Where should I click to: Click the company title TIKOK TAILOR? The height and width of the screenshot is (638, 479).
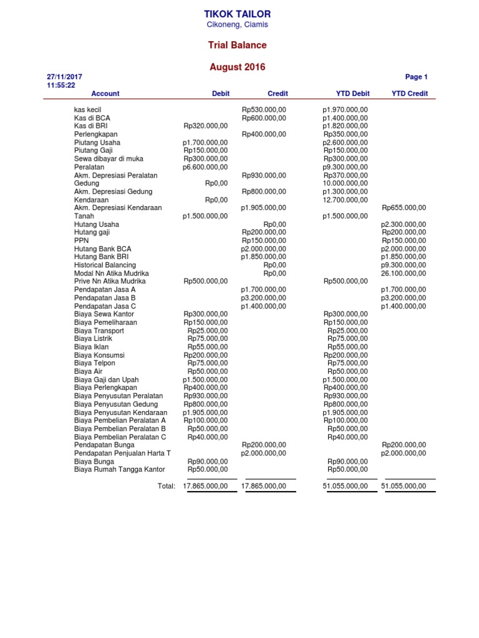[237, 14]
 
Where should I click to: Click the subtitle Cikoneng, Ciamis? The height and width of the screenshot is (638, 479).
[237, 24]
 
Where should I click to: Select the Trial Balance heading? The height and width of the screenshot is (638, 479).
[237, 45]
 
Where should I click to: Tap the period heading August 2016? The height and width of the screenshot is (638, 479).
[237, 67]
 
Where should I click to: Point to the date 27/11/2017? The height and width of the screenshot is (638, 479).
[64, 77]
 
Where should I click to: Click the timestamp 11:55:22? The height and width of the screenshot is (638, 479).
[60, 85]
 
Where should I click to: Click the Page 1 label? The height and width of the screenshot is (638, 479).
[416, 77]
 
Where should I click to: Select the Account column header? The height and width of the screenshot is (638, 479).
[105, 93]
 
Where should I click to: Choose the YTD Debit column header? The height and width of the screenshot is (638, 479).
[352, 93]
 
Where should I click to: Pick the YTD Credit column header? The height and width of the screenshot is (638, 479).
[409, 93]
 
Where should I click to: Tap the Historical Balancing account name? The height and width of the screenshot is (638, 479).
[105, 265]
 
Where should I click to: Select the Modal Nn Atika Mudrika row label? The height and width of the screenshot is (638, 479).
[111, 273]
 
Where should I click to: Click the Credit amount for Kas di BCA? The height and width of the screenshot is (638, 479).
[264, 118]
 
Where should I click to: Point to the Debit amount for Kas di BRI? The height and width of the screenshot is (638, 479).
[206, 126]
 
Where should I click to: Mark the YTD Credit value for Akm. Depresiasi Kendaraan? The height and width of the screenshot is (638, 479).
[404, 207]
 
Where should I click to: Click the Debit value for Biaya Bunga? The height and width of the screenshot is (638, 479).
[208, 461]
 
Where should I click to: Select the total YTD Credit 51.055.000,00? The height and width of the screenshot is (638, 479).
[404, 486]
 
